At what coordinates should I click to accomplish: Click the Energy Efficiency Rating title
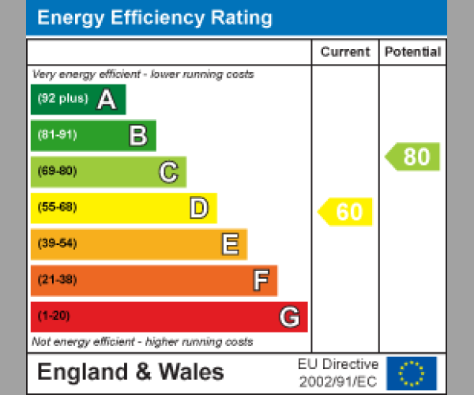(x=155, y=18)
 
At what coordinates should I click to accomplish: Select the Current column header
(x=345, y=52)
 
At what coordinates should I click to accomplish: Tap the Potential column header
(x=412, y=52)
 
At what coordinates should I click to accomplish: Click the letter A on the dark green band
(x=107, y=100)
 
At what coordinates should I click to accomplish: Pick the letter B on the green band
(x=137, y=136)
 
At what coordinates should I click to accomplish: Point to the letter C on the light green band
(x=168, y=171)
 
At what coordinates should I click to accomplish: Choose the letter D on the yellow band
(x=198, y=209)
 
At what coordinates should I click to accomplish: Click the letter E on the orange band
(x=229, y=245)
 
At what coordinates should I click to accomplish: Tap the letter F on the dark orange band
(x=260, y=280)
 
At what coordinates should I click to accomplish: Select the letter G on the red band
(x=289, y=317)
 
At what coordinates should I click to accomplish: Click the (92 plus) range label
(x=62, y=100)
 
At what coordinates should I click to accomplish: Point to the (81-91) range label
(x=57, y=135)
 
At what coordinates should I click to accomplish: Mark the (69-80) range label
(x=57, y=171)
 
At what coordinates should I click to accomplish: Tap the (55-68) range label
(x=57, y=208)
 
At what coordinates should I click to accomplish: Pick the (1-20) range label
(x=54, y=316)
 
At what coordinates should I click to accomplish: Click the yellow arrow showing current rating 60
(x=346, y=212)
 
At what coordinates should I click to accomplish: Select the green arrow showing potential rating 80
(x=413, y=156)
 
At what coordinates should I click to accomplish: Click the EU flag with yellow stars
(x=411, y=373)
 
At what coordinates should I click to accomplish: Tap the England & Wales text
(x=130, y=372)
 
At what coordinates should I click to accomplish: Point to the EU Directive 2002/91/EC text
(x=338, y=373)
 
